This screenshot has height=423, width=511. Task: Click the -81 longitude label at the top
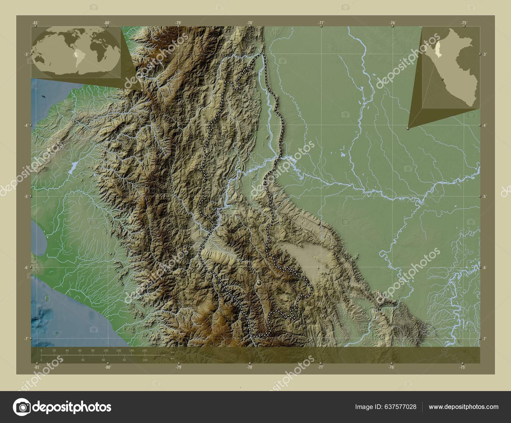coord(35,23)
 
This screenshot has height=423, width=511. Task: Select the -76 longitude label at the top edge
coord(393,23)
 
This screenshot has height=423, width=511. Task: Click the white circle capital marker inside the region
coord(259,283)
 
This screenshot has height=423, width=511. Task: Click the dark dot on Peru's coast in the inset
coord(442,79)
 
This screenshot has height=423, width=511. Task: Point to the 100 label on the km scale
coord(105,350)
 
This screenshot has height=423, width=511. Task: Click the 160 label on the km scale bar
coord(144,350)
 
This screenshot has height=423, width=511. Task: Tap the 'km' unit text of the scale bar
coord(172,352)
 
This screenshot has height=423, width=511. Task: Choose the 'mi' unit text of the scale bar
coord(172,359)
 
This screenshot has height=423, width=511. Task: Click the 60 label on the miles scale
coord(103,360)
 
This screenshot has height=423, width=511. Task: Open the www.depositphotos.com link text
coord(463,407)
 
